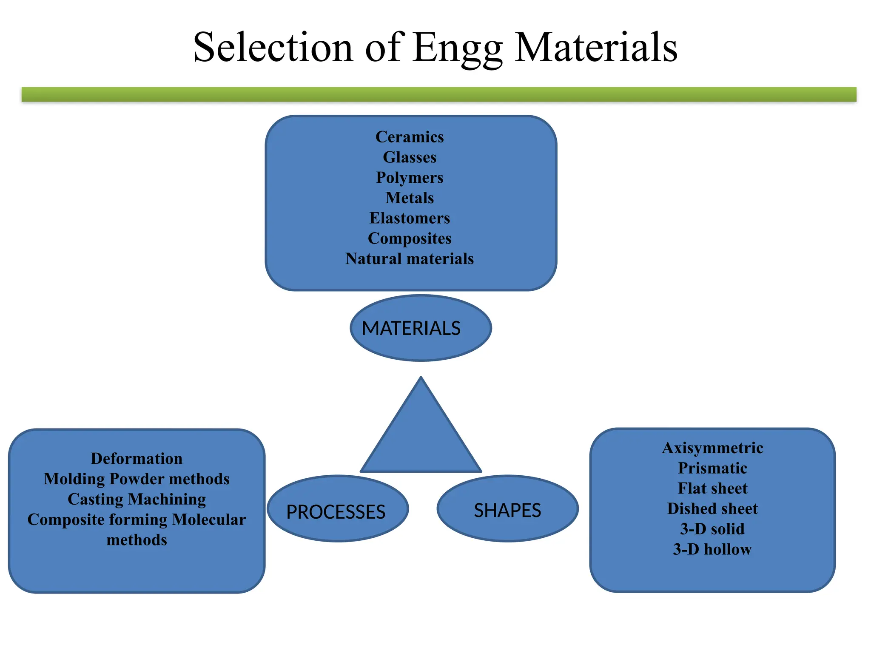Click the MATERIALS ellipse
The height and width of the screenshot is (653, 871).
pyautogui.click(x=421, y=328)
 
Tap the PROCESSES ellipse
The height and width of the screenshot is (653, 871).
pyautogui.click(x=338, y=508)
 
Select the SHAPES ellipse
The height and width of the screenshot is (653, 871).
pyautogui.click(x=507, y=508)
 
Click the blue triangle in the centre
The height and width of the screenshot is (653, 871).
pyautogui.click(x=421, y=438)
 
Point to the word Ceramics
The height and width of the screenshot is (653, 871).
pyautogui.click(x=410, y=137)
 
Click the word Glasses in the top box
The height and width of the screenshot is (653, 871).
pyautogui.click(x=410, y=157)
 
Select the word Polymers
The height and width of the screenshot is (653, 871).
pyautogui.click(x=410, y=178)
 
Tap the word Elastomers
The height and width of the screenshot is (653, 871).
pyautogui.click(x=410, y=218)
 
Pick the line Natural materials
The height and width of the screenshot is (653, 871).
pyautogui.click(x=410, y=259)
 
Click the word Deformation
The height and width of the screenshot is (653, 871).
pyautogui.click(x=137, y=459)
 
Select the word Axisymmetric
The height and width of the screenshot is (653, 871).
pyautogui.click(x=712, y=448)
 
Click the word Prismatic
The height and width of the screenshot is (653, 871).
pyautogui.click(x=712, y=468)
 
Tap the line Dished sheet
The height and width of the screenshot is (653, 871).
pyautogui.click(x=712, y=509)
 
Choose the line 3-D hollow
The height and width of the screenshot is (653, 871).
pyautogui.click(x=712, y=550)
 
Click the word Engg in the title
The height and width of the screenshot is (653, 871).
pyautogui.click(x=458, y=48)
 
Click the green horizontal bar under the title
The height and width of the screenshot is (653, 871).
pyautogui.click(x=439, y=94)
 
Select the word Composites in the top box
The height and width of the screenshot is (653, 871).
pyautogui.click(x=410, y=238)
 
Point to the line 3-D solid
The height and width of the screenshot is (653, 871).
pyautogui.click(x=712, y=529)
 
